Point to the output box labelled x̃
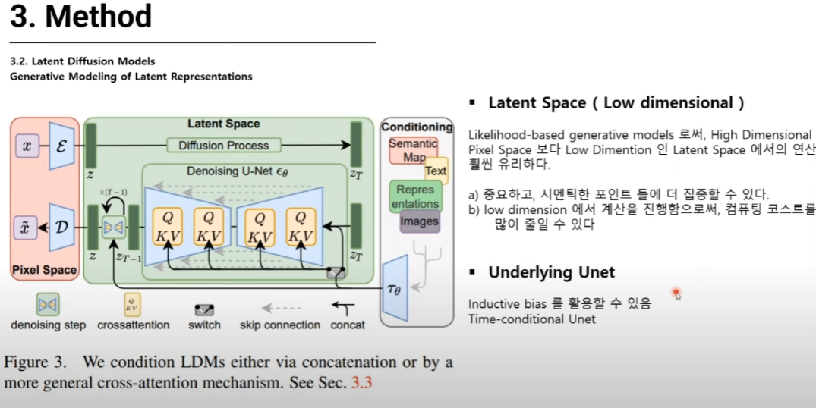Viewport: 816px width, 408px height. point(27,227)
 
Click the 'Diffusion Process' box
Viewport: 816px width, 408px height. point(223,145)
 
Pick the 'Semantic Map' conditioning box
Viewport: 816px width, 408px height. point(412,150)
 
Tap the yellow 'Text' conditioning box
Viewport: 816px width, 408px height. point(436,171)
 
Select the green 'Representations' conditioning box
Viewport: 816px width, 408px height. point(414,196)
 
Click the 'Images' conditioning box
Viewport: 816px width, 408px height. point(419,221)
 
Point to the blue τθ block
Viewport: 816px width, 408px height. point(395,288)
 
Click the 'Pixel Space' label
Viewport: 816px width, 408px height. point(43,270)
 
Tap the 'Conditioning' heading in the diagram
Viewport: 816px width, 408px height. point(417,127)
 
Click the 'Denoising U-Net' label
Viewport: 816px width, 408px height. point(237,172)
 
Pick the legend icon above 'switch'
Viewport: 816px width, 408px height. point(204,309)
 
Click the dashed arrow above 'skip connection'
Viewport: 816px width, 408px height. point(280,309)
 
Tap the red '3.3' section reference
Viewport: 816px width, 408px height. point(361,382)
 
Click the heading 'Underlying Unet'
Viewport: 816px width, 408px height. point(551,272)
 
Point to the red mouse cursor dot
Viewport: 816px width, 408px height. point(676,292)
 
